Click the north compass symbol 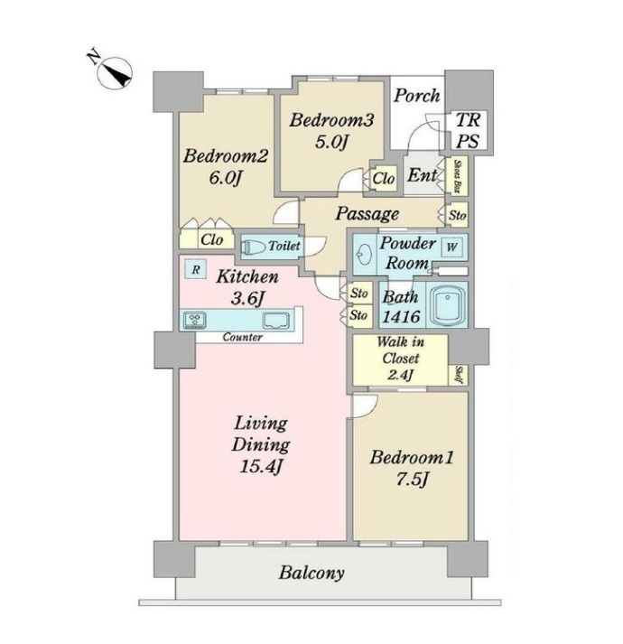point(115,74)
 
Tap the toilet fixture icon point(253,247)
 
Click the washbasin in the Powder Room point(362,255)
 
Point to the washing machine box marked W point(452,247)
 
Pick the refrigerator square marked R point(196,270)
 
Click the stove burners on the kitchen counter point(195,320)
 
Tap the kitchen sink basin point(276,320)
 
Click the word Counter point(242,337)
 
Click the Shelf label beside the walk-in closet point(459,375)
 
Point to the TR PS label point(468,131)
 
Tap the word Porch point(417,96)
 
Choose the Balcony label point(311,573)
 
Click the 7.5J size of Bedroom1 point(412,479)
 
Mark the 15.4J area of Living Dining point(260,466)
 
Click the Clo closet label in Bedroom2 point(211,239)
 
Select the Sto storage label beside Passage point(457,215)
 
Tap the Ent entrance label point(423,175)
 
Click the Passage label point(367,214)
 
